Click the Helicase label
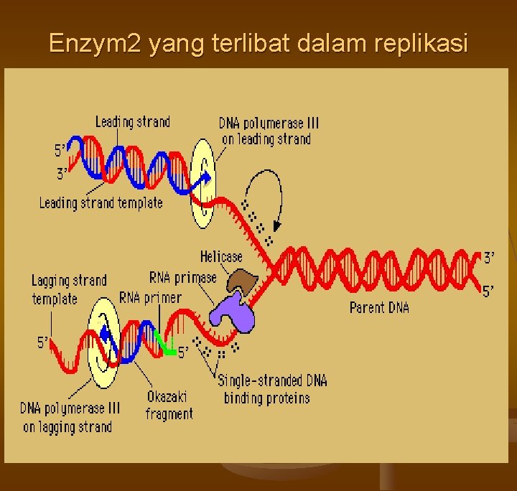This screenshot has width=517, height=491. coord(221,256)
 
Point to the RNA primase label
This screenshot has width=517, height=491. coord(182,277)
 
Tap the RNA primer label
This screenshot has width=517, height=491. coord(151,296)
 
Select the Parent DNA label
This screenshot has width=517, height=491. coord(379,307)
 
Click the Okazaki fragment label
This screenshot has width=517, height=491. coord(169,405)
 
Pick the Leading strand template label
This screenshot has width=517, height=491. coord(101,203)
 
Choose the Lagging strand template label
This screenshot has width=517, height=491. coord(68,289)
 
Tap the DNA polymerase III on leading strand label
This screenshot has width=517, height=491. coord(269,131)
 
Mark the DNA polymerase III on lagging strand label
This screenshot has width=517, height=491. coord(70,417)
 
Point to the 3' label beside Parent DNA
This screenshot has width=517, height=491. coord(488,256)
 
